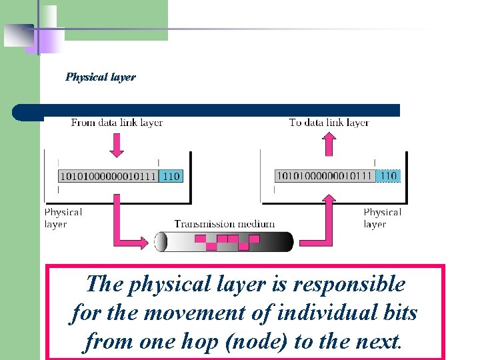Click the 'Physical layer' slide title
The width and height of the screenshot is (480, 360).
[100, 77]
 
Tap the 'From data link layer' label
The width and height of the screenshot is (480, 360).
[117, 123]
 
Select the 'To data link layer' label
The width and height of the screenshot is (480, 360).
[329, 123]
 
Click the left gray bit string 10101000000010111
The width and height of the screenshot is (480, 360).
[109, 176]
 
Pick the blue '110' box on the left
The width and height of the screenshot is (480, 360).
[171, 176]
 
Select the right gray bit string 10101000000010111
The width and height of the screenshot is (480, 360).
[325, 176]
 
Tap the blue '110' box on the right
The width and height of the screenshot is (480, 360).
[388, 176]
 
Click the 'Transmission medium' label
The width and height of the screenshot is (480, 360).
[224, 224]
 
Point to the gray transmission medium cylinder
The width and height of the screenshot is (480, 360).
[224, 241]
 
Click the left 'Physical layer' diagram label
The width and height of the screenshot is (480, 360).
[63, 218]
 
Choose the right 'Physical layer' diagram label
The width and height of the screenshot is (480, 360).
[382, 218]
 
